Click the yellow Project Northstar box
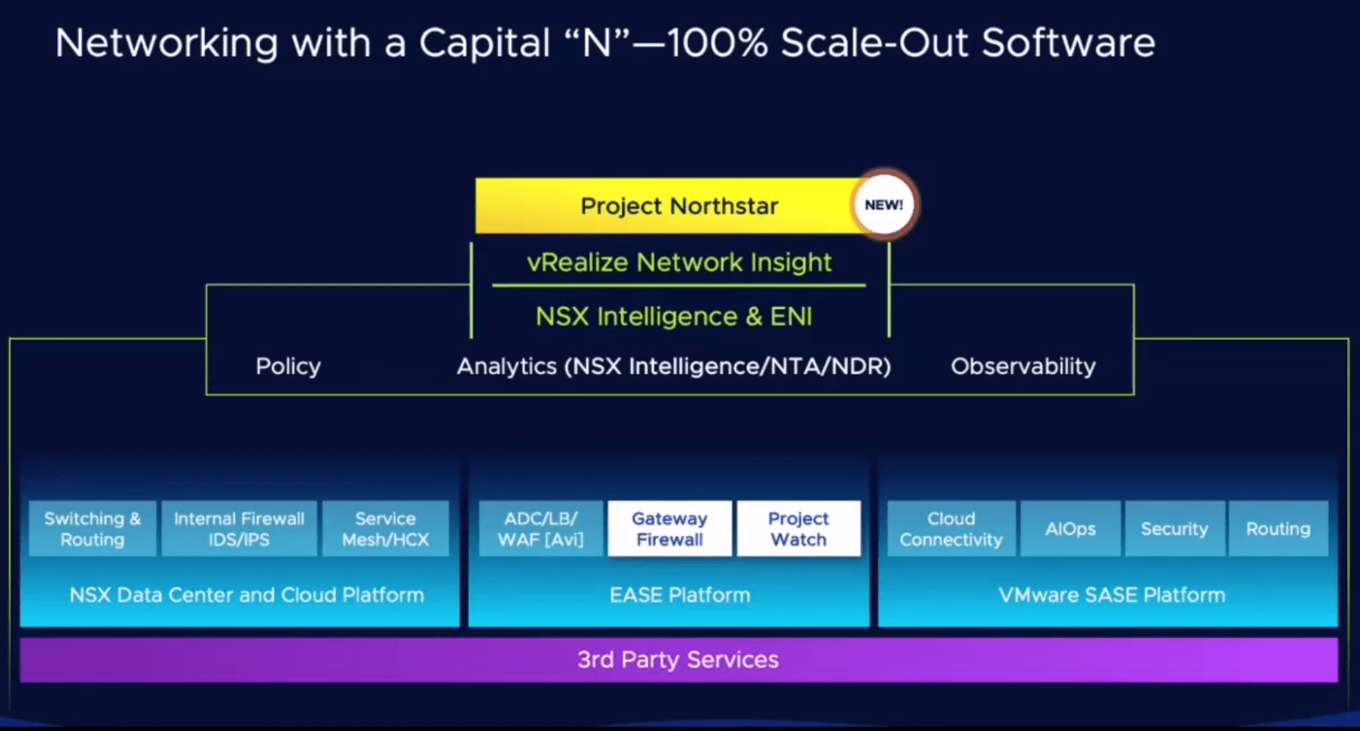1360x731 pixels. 669,206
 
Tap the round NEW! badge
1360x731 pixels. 883,205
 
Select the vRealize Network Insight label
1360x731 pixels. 679,262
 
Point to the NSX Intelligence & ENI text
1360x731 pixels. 674,316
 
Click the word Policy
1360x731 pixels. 288,367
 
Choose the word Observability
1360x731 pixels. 1022,367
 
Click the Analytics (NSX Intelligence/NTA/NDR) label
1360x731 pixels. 674,367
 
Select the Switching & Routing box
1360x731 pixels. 92,529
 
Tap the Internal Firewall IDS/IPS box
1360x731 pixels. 239,529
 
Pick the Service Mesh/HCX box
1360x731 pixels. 385,529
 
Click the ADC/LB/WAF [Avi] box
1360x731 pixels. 541,529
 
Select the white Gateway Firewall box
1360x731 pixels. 670,529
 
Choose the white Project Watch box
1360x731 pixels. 798,529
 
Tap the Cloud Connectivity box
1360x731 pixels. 951,529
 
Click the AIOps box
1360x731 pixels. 1070,529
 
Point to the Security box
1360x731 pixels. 1175,529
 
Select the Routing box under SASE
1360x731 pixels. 1278,529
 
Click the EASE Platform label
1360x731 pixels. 680,595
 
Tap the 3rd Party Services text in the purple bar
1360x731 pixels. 678,659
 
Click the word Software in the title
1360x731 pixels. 1068,43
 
